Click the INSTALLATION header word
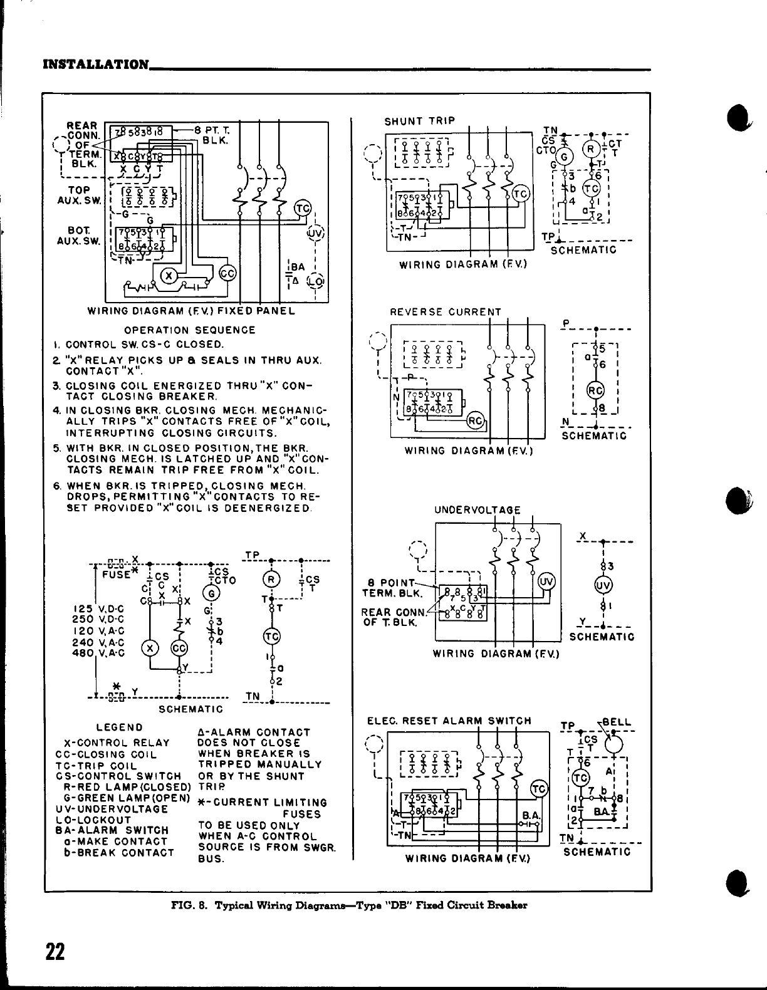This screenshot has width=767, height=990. tap(95, 65)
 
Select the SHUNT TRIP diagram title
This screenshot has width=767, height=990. tap(419, 121)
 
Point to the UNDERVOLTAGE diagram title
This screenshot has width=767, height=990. tap(477, 511)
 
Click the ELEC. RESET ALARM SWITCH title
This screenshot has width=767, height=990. tap(449, 721)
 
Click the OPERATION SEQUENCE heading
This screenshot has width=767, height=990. tap(190, 330)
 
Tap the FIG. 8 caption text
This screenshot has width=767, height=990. tap(349, 905)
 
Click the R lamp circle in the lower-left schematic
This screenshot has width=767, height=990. tap(271, 578)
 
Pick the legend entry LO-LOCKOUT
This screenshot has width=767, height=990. tap(93, 820)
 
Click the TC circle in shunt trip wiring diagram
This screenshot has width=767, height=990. tap(521, 194)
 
